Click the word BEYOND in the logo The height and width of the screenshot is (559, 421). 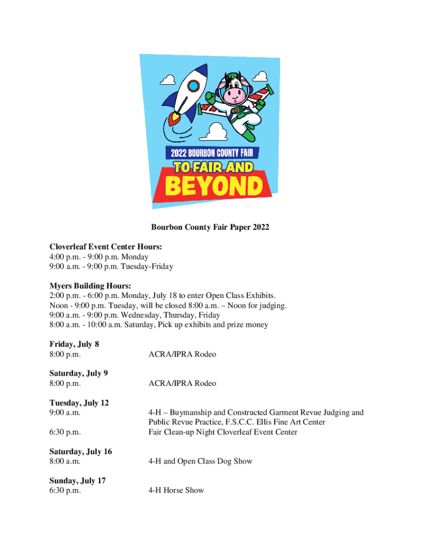[214, 186]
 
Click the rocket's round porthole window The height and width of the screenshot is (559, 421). [193, 86]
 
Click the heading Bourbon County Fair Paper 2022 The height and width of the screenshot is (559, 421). [210, 227]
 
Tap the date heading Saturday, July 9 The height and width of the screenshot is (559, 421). [79, 373]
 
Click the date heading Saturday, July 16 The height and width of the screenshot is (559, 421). [81, 451]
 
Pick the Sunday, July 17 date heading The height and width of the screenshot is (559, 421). [78, 480]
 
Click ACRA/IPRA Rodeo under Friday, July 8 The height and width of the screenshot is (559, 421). [182, 354]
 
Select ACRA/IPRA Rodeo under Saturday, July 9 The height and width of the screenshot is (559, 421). [182, 383]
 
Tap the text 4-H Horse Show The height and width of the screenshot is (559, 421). [176, 490]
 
